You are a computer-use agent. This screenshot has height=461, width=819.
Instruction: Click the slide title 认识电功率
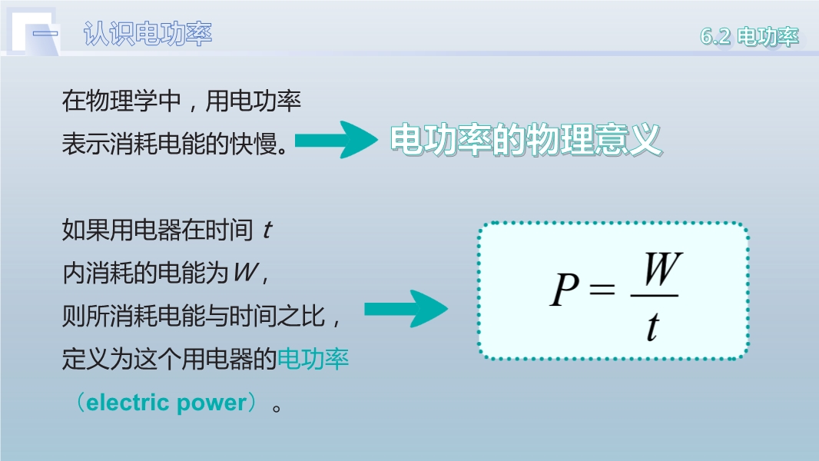tap(148, 34)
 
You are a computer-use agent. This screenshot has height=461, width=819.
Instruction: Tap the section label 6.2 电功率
tap(750, 37)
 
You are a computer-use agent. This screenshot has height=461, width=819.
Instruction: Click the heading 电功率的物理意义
tap(526, 139)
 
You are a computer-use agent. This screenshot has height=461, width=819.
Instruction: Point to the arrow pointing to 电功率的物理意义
tap(337, 140)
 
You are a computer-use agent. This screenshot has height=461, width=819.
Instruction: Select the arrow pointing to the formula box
tap(406, 309)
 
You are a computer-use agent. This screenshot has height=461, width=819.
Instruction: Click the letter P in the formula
tap(565, 289)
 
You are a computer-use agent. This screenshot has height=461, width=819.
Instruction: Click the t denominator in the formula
tap(653, 327)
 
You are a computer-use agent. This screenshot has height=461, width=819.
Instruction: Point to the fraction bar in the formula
tap(655, 296)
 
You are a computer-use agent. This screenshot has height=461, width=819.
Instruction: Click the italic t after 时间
tap(267, 230)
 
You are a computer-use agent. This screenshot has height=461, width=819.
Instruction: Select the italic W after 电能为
tap(246, 272)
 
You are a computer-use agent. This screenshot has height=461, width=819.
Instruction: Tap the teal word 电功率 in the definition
tap(313, 359)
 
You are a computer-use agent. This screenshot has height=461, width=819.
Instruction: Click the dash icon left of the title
tap(45, 34)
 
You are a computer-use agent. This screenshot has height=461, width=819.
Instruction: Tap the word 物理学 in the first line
tap(121, 100)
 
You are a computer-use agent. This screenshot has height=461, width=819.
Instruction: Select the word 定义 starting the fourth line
tap(85, 359)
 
